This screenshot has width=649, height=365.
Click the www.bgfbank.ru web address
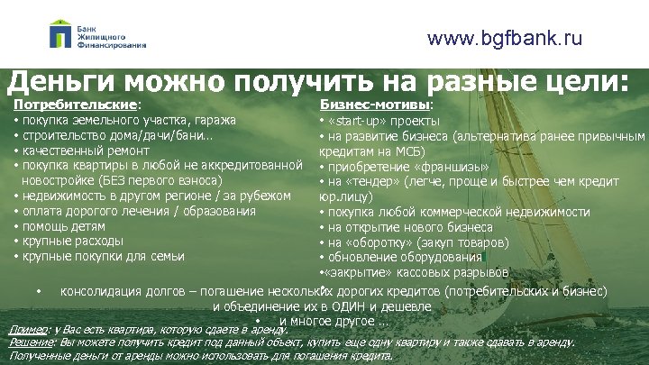tap(505, 38)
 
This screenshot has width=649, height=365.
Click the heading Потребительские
tap(75, 105)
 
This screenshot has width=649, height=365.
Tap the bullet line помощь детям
tap(61, 226)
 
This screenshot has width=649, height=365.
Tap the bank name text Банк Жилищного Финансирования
tap(112, 35)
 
